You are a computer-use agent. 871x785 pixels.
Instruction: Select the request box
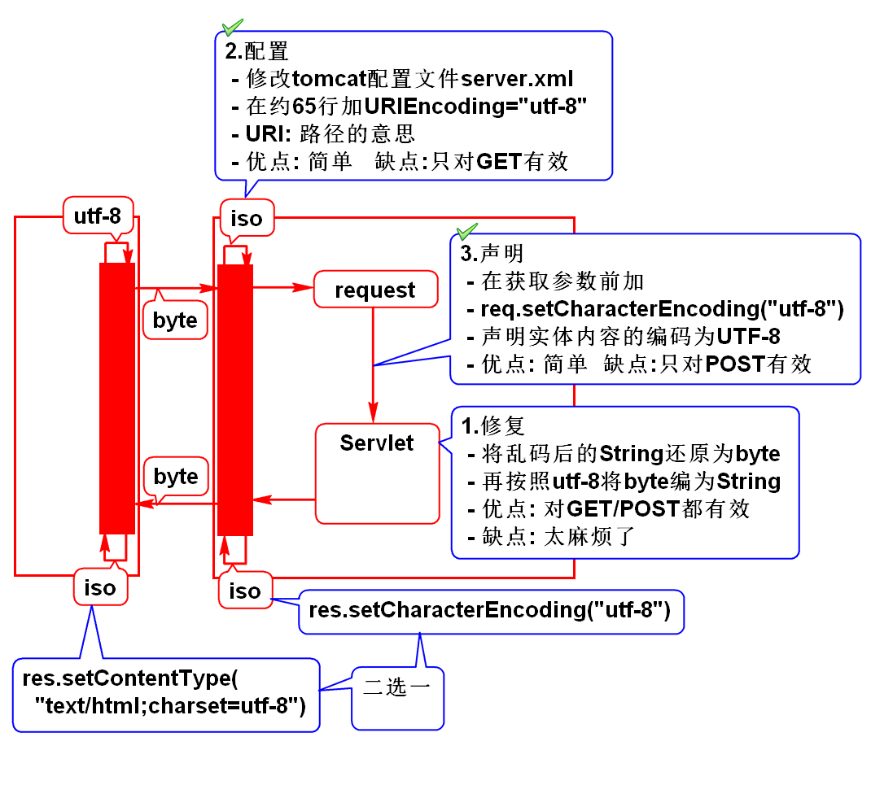click(x=374, y=290)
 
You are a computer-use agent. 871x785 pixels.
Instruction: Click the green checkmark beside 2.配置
click(x=233, y=27)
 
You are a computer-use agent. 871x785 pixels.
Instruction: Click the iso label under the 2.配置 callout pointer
click(x=247, y=218)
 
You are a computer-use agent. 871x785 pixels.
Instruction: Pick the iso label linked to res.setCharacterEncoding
click(x=244, y=591)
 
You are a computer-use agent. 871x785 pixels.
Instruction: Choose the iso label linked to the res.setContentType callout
click(x=100, y=587)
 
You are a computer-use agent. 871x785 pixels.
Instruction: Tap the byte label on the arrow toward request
click(x=175, y=321)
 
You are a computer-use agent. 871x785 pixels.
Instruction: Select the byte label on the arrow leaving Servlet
click(x=176, y=476)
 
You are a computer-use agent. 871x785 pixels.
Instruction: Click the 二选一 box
click(x=397, y=687)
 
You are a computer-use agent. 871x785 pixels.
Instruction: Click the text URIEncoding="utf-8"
click(x=475, y=106)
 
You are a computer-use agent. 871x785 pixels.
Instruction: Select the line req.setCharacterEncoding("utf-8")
click(x=661, y=309)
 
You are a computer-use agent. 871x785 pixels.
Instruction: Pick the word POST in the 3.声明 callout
click(x=735, y=364)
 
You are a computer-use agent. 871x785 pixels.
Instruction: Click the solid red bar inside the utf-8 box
click(x=117, y=398)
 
